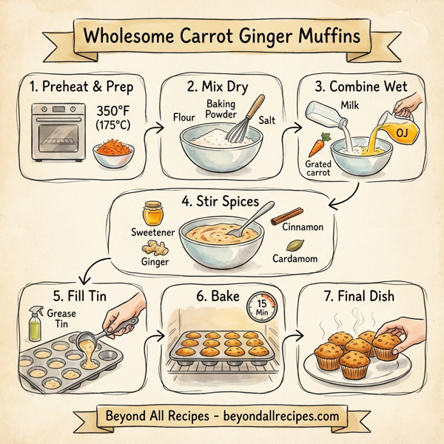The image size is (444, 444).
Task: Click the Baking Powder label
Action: point(221,110)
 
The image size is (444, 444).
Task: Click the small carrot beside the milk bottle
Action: point(317,143)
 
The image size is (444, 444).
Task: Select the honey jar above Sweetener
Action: point(154,212)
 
